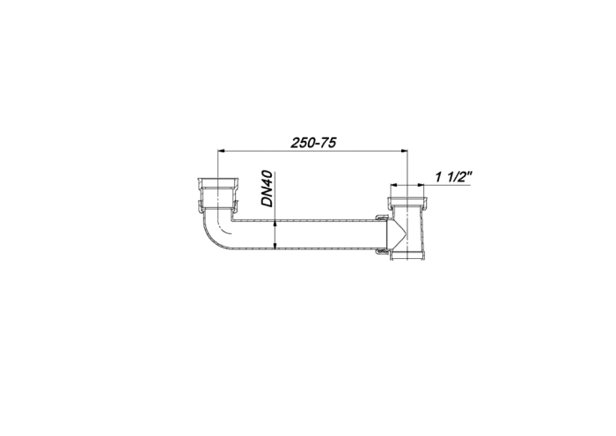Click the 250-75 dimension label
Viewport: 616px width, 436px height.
313,143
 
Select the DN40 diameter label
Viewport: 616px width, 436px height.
268,188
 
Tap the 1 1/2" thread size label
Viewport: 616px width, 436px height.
453,177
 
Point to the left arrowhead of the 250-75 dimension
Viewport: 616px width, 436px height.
221,151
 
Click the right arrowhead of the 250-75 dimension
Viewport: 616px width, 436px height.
404,151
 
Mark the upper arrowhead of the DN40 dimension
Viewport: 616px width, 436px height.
275,224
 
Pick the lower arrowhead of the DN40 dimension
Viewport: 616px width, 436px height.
275,246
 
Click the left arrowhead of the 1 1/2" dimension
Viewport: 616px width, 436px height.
395,184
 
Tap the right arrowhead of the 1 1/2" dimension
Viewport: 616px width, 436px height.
421,184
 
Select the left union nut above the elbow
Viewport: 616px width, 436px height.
217,195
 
